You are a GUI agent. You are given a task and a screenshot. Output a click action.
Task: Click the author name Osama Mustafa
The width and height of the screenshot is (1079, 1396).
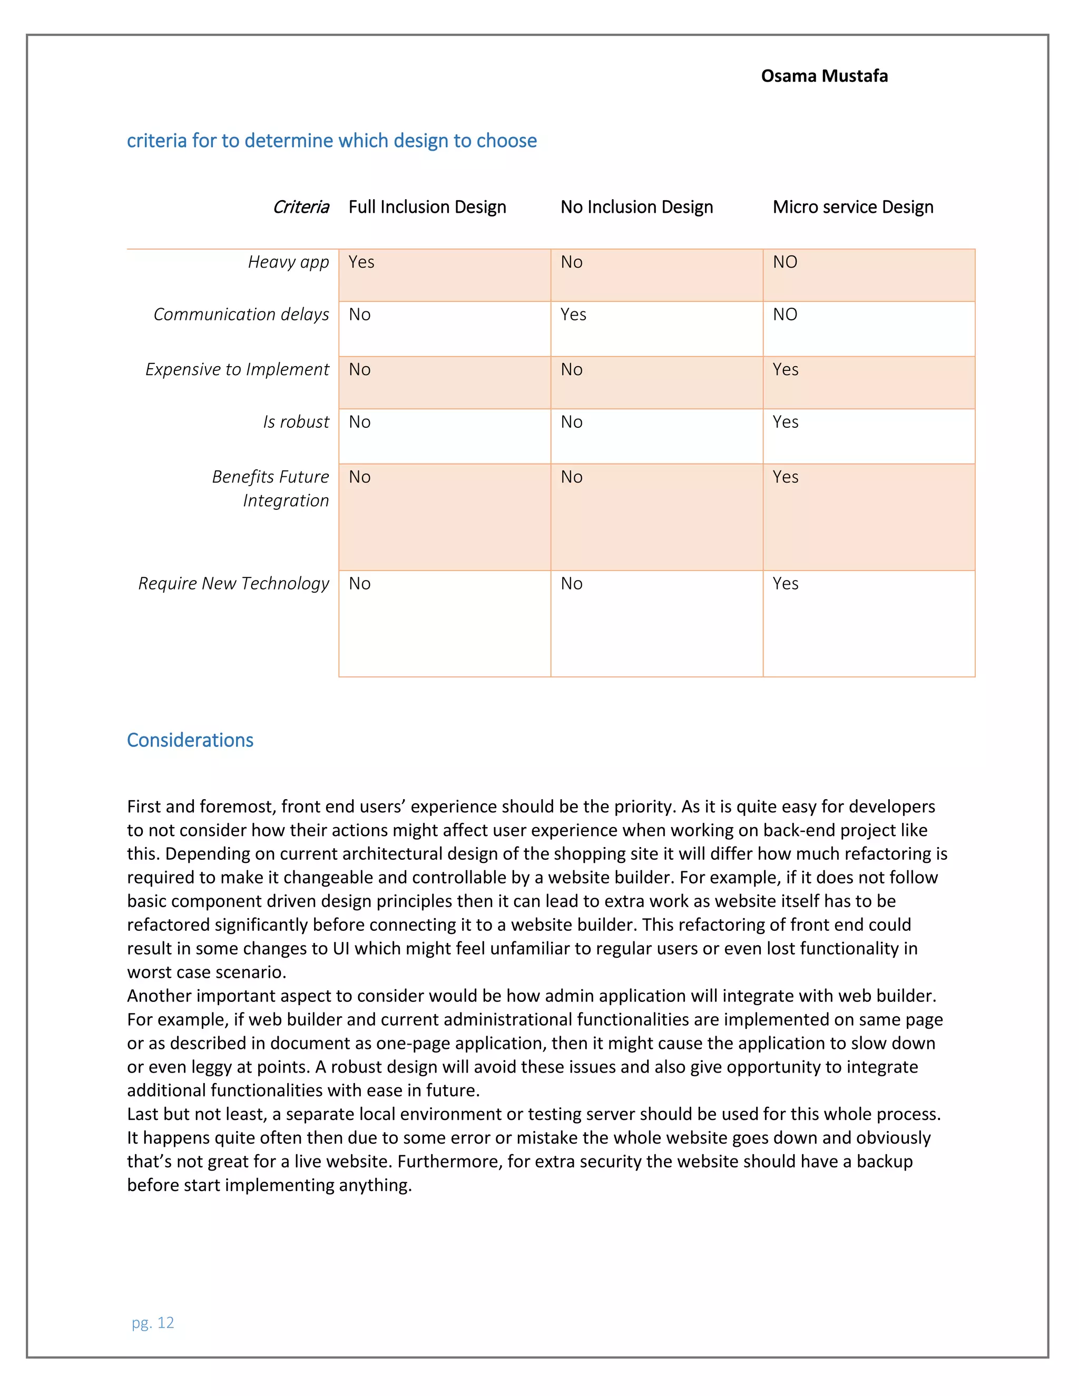(823, 76)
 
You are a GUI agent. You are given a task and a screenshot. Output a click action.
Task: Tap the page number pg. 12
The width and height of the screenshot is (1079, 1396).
(153, 1322)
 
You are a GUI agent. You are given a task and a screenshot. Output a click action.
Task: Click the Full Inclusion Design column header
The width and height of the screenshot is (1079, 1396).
(427, 207)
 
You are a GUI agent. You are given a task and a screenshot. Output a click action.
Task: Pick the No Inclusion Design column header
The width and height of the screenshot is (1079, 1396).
(636, 207)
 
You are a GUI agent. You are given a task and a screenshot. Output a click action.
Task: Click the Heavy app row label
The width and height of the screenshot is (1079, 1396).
(288, 262)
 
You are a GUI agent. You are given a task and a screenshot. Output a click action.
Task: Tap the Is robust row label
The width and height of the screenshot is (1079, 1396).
(296, 422)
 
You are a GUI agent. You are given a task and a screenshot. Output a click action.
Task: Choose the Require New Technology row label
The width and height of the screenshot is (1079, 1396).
(233, 584)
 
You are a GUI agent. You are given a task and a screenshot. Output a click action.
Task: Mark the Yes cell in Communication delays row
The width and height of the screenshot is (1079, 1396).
(573, 314)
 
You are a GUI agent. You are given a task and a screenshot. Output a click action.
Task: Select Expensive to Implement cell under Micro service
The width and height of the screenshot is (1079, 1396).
(785, 369)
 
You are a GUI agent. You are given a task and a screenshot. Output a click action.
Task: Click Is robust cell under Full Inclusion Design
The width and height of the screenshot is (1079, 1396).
(359, 422)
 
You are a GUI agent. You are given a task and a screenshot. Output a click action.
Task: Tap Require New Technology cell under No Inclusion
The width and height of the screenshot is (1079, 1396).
(572, 584)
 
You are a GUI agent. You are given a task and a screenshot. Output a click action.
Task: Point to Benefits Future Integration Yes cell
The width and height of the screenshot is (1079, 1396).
(785, 477)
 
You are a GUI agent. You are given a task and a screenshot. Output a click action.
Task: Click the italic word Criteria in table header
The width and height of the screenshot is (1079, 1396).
(300, 207)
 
